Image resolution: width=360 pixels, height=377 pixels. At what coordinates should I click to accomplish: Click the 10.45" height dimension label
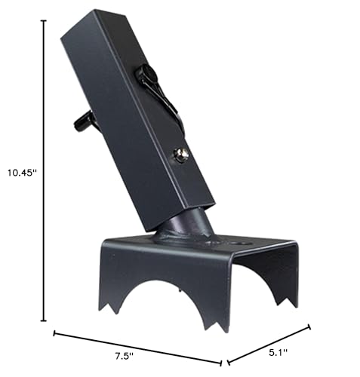[x=22, y=173]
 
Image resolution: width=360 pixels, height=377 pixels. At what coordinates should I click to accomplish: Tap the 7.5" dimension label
[x=125, y=356]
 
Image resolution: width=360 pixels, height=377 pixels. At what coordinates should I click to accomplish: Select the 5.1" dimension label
[x=278, y=353]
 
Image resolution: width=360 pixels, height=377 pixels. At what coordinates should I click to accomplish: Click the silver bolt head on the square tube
[x=181, y=155]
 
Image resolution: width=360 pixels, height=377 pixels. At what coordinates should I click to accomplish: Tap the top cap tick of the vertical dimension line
[x=44, y=20]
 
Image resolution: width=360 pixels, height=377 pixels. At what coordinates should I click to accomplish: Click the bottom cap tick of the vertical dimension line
[x=44, y=320]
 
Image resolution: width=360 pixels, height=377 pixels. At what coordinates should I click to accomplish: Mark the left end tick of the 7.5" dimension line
[x=54, y=333]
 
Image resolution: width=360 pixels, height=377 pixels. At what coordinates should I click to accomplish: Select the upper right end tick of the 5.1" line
[x=309, y=327]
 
